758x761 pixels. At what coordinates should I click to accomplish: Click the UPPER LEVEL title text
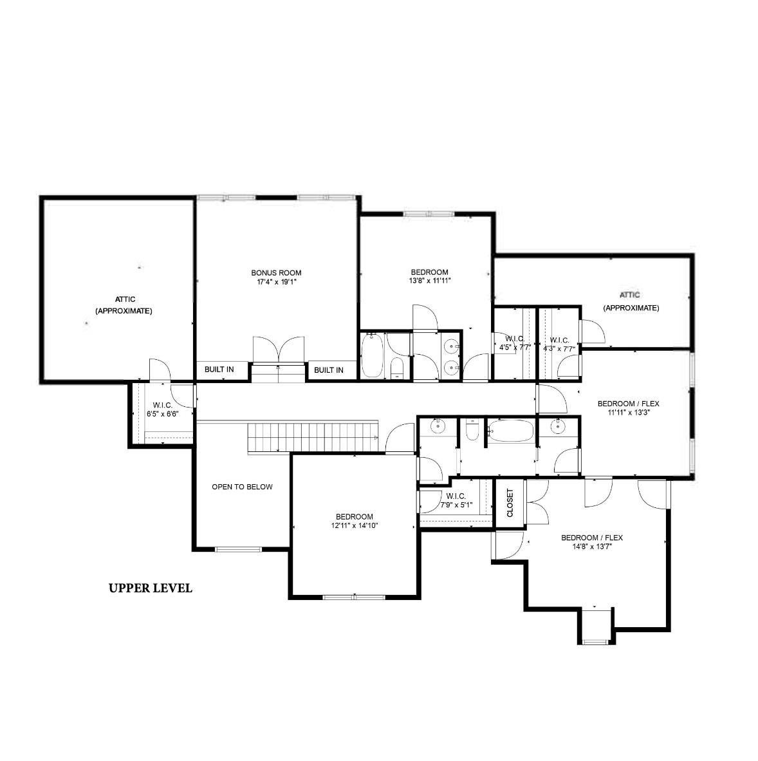[x=151, y=588]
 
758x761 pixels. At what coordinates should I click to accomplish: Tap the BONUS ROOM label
[x=276, y=273]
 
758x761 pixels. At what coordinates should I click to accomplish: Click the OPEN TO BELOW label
[x=242, y=487]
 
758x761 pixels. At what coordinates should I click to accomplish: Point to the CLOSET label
[x=510, y=502]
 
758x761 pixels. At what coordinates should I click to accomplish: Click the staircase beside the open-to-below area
[x=313, y=437]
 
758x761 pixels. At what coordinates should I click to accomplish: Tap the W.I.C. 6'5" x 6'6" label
[x=162, y=409]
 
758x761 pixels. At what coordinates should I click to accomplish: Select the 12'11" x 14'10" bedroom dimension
[x=355, y=525]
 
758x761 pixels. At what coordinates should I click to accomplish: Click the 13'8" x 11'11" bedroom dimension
[x=430, y=281]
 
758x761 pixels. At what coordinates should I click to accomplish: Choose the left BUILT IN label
[x=219, y=370]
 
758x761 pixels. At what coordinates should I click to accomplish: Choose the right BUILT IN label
[x=328, y=370]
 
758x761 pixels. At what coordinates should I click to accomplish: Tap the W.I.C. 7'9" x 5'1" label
[x=456, y=500]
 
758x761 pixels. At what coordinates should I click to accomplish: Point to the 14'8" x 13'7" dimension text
[x=592, y=547]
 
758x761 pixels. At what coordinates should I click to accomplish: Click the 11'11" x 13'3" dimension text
[x=629, y=413]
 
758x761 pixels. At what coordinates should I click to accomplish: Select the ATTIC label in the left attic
[x=125, y=299]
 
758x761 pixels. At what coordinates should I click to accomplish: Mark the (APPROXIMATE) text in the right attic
[x=631, y=308]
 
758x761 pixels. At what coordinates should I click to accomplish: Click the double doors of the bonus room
[x=279, y=350]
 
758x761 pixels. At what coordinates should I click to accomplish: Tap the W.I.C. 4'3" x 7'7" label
[x=559, y=344]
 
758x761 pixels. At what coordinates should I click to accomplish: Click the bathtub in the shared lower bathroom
[x=511, y=431]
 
